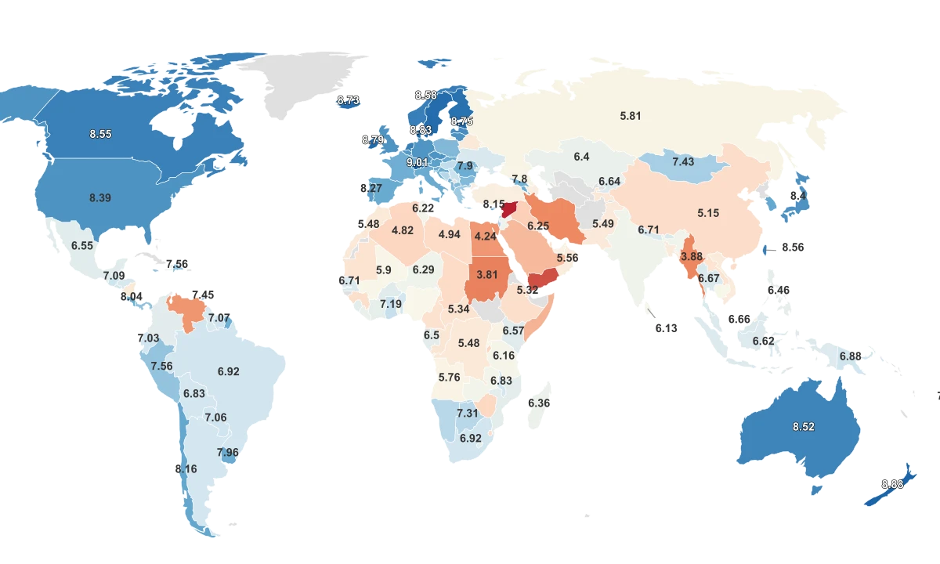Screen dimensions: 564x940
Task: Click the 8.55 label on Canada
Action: [100, 135]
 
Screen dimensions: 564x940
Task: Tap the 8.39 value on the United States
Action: [100, 198]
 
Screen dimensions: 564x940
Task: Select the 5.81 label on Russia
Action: [631, 116]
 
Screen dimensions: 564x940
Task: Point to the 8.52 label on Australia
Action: [804, 427]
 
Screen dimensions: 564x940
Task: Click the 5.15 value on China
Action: [708, 213]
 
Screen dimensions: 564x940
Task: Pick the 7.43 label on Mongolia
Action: [683, 162]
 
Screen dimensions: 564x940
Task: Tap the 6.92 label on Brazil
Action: [229, 371]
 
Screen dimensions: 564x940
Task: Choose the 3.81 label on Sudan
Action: [488, 275]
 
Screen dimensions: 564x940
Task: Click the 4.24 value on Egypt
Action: [484, 236]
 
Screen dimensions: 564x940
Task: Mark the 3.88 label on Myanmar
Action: [692, 257]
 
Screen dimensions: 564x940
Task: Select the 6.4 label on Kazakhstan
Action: [581, 157]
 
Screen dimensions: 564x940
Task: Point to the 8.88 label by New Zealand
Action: [892, 484]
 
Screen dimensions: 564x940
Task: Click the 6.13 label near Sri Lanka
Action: [666, 328]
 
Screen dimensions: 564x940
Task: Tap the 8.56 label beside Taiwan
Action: [793, 248]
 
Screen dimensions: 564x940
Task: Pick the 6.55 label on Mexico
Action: [82, 246]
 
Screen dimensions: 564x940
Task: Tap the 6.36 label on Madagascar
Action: [539, 403]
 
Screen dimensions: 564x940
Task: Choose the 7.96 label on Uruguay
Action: [228, 453]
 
